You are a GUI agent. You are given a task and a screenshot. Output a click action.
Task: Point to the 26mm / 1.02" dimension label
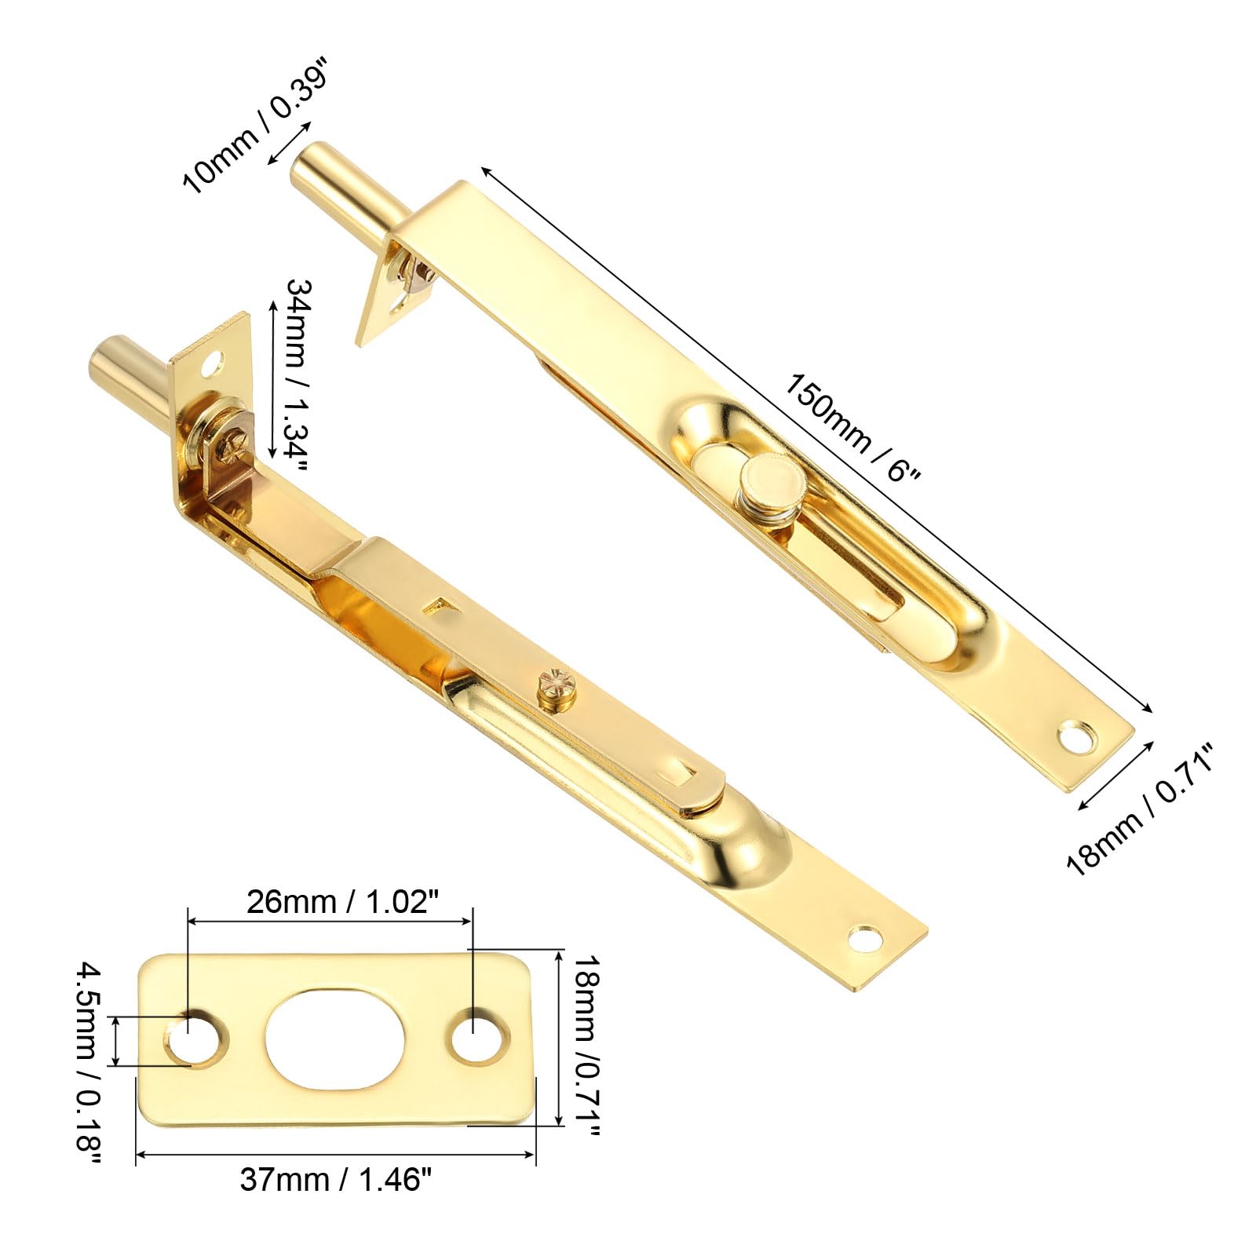[x=339, y=902]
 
